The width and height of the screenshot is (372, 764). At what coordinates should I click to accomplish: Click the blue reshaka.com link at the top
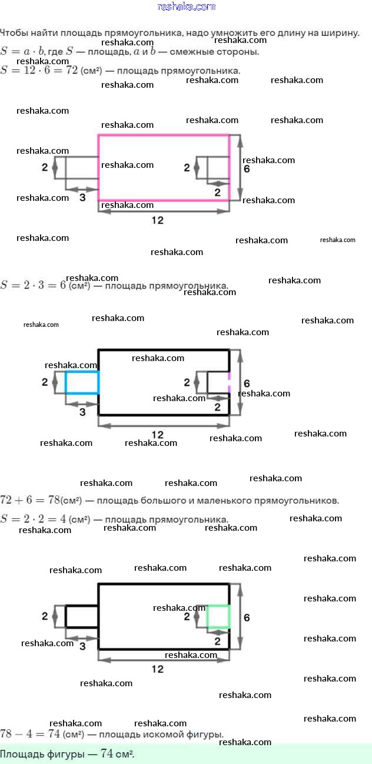[x=187, y=6]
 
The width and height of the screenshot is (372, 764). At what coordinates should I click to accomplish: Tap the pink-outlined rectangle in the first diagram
[x=164, y=168]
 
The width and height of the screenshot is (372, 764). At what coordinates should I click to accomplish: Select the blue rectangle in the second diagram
[x=82, y=383]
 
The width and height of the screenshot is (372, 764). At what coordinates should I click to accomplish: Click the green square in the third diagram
[x=218, y=617]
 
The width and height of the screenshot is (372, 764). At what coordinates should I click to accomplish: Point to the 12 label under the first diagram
[x=157, y=220]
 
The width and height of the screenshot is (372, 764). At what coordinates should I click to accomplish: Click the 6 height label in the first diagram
[x=247, y=168]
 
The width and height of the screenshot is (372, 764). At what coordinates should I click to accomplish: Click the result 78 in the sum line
[x=54, y=501]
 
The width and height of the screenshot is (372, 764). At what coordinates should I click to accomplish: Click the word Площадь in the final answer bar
[x=18, y=753]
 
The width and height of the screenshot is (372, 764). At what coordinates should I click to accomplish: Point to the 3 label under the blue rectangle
[x=82, y=412]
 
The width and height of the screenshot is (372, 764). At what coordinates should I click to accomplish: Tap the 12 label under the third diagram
[x=157, y=669]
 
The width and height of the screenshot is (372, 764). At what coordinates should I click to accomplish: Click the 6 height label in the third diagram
[x=247, y=617]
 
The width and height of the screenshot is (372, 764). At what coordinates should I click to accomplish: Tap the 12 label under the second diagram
[x=157, y=435]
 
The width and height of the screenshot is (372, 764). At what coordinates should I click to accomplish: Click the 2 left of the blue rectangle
[x=45, y=382]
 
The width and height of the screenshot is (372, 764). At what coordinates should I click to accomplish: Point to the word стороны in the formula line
[x=238, y=52]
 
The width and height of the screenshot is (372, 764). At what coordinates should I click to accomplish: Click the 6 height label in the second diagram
[x=247, y=383]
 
